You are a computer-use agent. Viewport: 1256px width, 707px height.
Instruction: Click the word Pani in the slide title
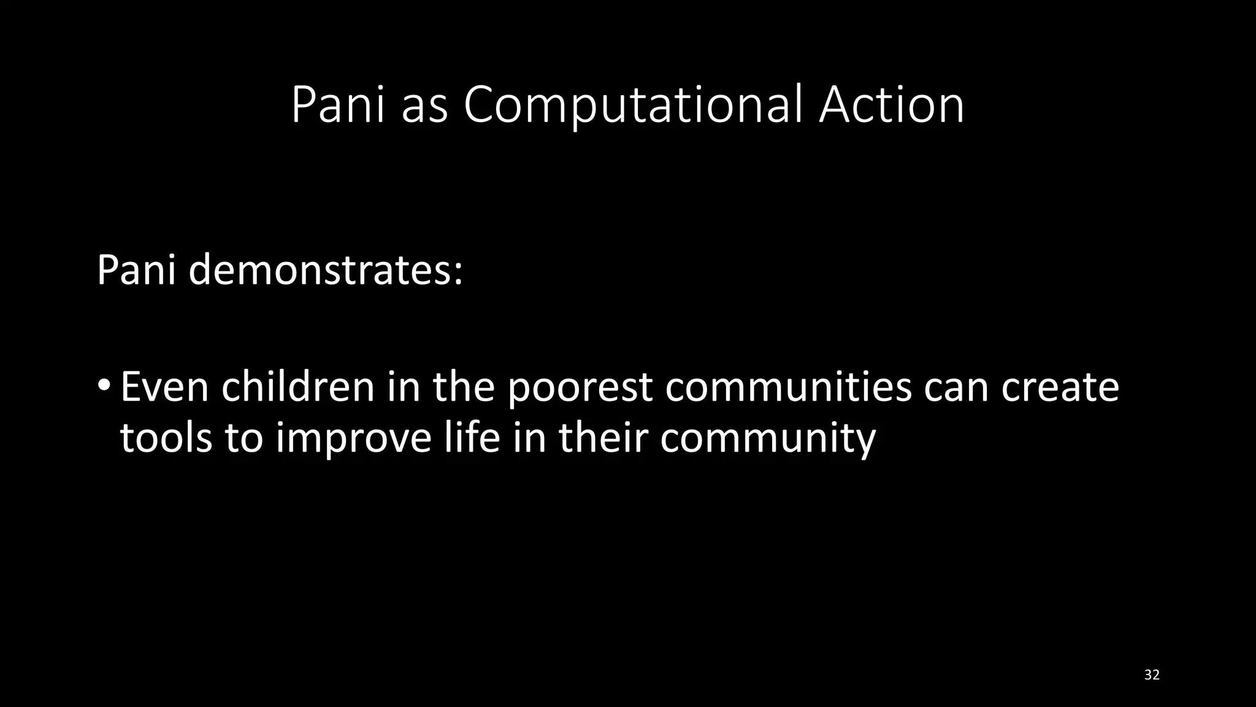[338, 106]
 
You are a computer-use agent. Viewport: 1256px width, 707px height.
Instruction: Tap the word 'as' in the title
[424, 107]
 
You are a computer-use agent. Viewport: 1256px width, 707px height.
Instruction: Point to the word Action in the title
[891, 106]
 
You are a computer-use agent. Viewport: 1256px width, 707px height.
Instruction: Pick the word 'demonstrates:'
[325, 270]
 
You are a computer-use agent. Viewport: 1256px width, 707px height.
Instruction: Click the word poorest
[580, 388]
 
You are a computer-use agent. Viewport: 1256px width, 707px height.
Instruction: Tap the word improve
[353, 439]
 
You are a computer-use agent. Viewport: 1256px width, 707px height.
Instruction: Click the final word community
[768, 439]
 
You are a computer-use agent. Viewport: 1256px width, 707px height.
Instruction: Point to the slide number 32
[1152, 675]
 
